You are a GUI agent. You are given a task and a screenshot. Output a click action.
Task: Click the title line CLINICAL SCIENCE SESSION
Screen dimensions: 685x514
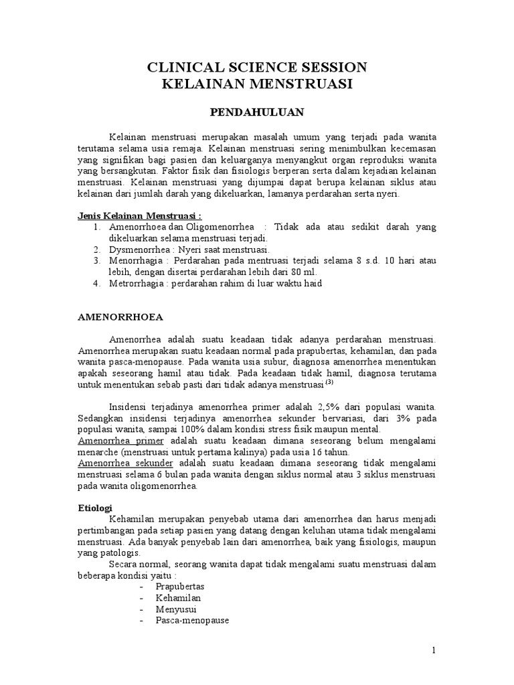[x=257, y=67]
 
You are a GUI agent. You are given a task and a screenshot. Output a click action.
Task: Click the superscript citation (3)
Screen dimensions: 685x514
[x=329, y=382]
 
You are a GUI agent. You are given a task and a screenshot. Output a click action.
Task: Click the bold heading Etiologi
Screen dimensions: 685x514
[x=95, y=508]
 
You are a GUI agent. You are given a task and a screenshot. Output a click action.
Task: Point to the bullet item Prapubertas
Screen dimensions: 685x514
[x=180, y=586]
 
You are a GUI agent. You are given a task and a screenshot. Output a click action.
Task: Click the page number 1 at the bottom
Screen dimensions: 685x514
[x=434, y=650]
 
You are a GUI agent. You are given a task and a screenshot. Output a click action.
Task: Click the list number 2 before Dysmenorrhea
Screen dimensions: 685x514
[x=96, y=249]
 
